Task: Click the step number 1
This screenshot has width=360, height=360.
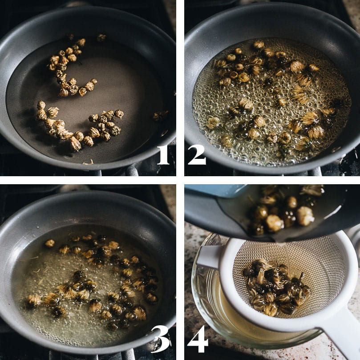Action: click(163, 155)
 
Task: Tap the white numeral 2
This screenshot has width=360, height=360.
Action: click(197, 155)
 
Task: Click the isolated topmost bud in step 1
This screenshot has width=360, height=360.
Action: click(101, 37)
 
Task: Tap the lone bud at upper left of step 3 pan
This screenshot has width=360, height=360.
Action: click(49, 243)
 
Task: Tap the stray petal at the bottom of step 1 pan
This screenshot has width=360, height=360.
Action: click(89, 162)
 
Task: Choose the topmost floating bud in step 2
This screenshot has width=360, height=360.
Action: click(259, 44)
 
